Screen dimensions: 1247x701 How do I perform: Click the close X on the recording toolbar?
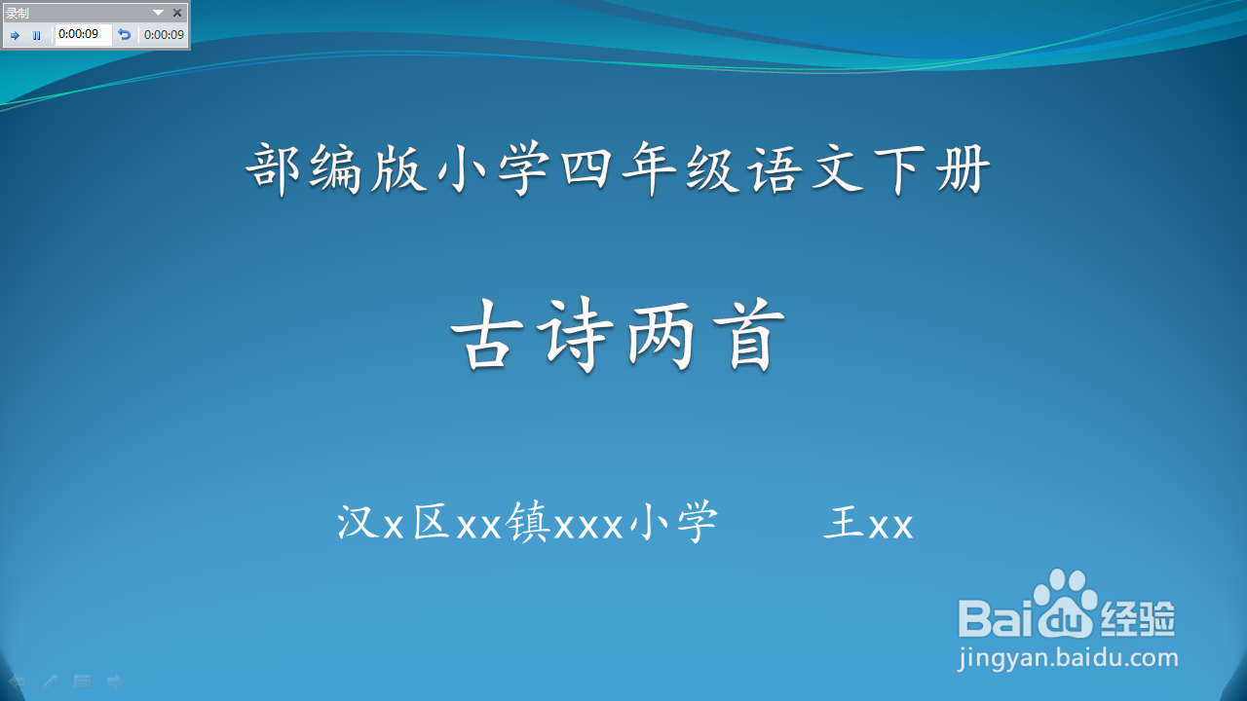pos(177,13)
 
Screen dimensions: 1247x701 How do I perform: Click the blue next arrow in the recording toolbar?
pos(15,36)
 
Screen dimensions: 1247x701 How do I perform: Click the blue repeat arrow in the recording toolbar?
pos(124,35)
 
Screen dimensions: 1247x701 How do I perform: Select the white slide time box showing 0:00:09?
pos(83,34)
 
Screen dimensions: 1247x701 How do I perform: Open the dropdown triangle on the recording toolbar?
pos(158,13)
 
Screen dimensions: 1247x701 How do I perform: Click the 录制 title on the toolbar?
pos(17,13)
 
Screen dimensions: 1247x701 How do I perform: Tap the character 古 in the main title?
pos(487,335)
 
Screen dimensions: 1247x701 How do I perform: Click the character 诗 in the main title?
pos(575,335)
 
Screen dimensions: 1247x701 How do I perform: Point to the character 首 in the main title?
pos(749,335)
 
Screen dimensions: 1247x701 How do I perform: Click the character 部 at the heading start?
pos(274,169)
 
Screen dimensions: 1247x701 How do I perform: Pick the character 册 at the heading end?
pos(964,169)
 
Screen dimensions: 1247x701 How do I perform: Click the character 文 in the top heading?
pos(837,169)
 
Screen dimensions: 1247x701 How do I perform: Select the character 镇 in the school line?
pos(528,522)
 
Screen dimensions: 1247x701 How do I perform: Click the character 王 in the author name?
pos(844,522)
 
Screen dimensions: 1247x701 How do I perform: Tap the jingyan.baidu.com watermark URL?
pos(1068,659)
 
